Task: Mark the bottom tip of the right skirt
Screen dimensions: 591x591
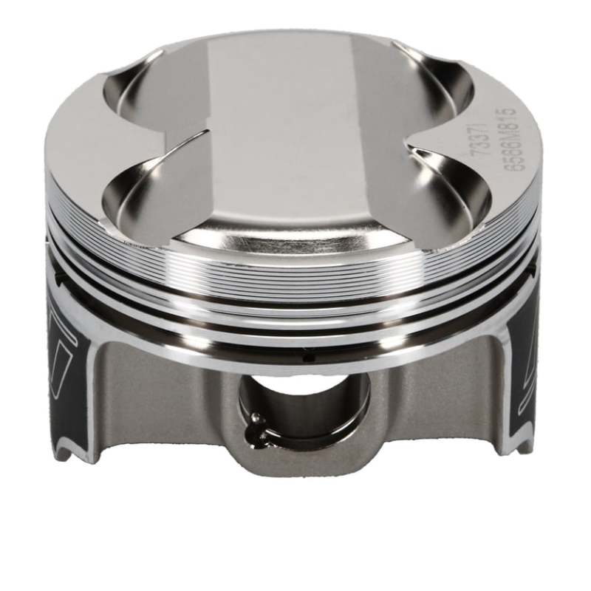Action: point(510,447)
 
